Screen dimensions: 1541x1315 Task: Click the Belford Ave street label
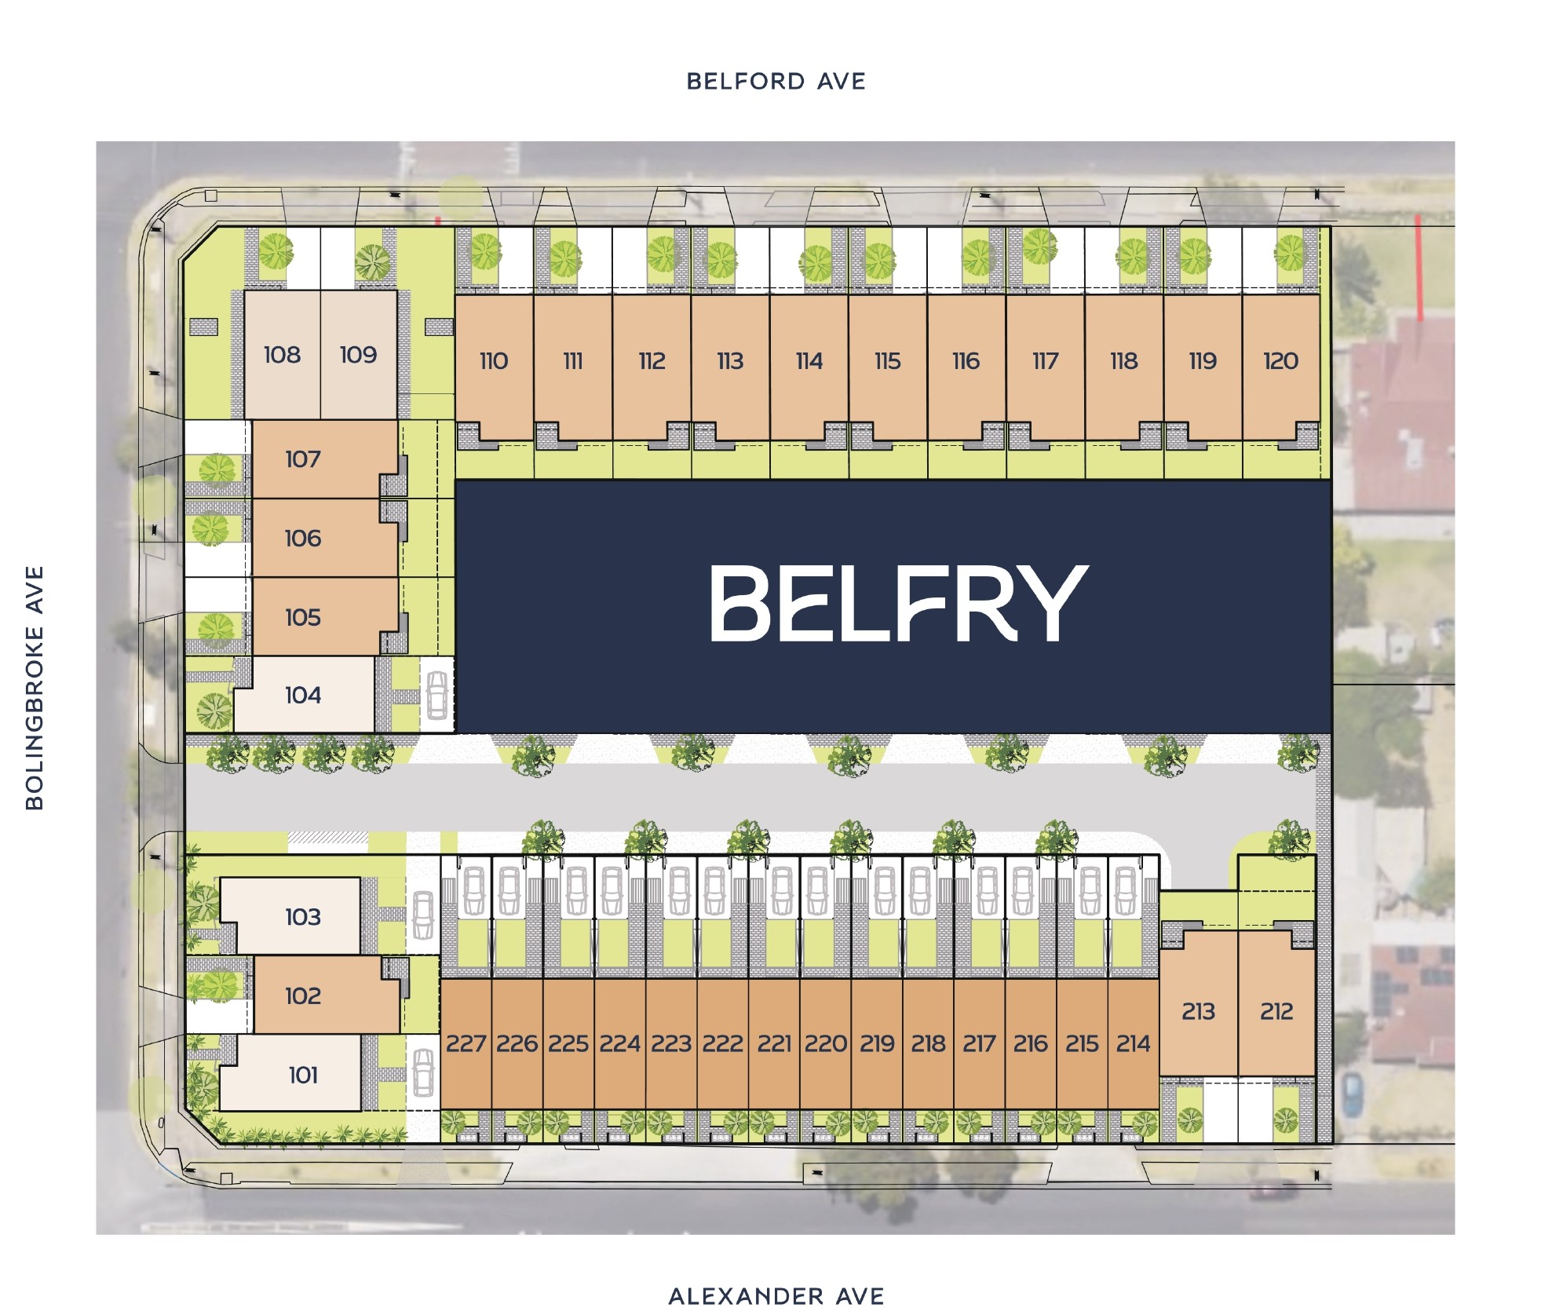pos(776,82)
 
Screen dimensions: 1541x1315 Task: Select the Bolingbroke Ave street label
pos(35,688)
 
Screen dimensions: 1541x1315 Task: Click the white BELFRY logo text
pos(899,603)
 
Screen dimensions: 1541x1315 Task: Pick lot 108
pos(283,355)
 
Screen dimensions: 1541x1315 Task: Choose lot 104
pos(304,695)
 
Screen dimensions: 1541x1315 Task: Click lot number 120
pos(1281,361)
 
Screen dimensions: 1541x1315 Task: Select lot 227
pos(466,1043)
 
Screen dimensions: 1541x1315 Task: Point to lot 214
pos(1134,1043)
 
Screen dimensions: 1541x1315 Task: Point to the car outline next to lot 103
pos(423,915)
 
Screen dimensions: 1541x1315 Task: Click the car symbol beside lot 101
pos(423,1072)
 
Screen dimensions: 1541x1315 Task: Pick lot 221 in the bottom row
pos(775,1043)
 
